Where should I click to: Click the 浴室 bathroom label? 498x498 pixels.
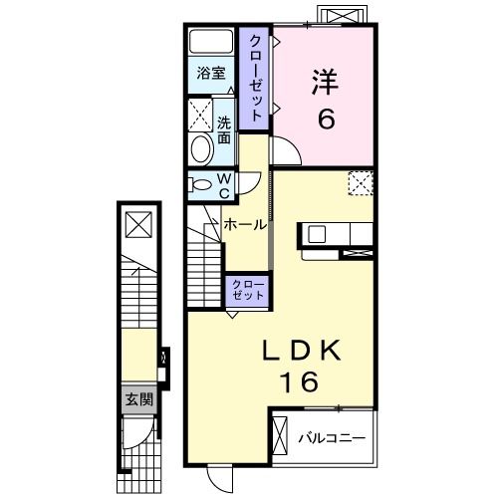coord(211,73)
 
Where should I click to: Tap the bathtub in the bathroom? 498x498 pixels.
coord(211,42)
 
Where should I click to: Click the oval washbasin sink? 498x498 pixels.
coord(202,149)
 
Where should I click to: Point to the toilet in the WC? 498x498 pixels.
coord(199,184)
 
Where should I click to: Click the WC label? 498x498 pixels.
coord(224,186)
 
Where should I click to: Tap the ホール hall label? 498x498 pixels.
coord(245,225)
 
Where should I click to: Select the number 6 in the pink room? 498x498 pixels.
coord(327,119)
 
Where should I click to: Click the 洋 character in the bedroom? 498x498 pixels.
coord(325,82)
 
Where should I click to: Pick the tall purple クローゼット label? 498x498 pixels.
coord(254,79)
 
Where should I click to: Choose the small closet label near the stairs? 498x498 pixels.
coord(248,290)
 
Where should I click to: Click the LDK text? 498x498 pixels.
coord(302,351)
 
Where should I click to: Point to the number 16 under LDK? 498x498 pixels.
coord(300,381)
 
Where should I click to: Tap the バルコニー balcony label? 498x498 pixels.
coord(332,438)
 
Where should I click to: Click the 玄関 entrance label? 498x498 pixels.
coord(138,399)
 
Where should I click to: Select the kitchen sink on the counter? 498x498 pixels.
coord(317,235)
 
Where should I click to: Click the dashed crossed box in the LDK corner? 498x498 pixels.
coord(361,183)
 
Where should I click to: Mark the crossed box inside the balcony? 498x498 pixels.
coord(279,435)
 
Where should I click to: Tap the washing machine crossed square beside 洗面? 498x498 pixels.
coord(200,115)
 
